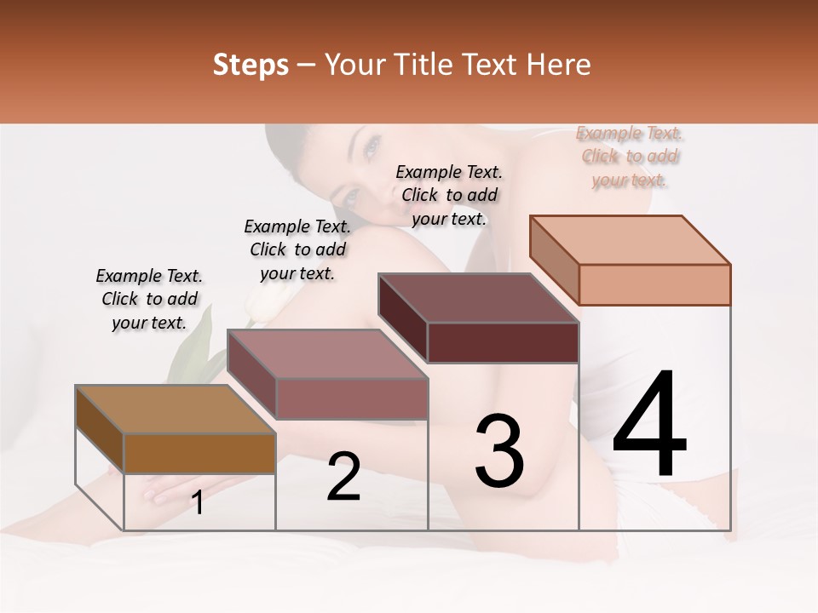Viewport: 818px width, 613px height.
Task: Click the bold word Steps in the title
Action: pos(250,65)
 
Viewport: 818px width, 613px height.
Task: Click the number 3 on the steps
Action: pos(499,450)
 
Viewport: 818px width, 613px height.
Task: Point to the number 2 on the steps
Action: pos(343,477)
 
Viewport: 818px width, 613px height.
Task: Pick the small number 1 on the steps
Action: pos(198,503)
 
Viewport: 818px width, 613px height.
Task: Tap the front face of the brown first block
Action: pos(199,453)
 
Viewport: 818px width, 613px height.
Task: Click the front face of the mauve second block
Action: pos(351,398)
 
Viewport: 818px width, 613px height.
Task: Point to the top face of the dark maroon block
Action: pos(478,298)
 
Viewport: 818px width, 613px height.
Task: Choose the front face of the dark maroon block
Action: pos(503,342)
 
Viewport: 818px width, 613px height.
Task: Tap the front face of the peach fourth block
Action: pos(654,284)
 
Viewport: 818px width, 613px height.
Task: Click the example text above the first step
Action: pos(149,299)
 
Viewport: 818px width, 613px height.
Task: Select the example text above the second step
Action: pos(297,249)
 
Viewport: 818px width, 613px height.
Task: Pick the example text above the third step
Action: pos(449,195)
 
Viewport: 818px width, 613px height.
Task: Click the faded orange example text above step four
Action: pos(630,156)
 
